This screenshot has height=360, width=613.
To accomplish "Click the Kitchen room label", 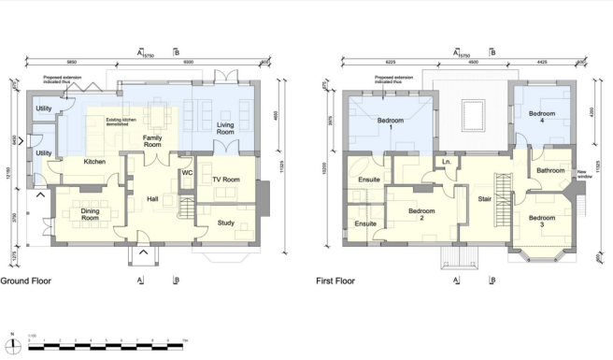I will click(x=94, y=162).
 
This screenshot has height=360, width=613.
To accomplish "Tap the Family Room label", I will click(x=159, y=142).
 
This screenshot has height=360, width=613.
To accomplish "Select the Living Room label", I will click(x=226, y=129).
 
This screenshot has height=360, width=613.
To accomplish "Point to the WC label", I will click(x=187, y=173).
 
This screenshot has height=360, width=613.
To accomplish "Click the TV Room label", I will click(x=227, y=179).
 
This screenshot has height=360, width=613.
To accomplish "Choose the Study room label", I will click(x=226, y=222).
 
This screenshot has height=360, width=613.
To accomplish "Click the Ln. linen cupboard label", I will click(x=447, y=163).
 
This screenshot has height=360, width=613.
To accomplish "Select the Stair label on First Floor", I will click(x=485, y=198).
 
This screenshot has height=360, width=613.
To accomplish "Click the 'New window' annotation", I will click(x=587, y=175).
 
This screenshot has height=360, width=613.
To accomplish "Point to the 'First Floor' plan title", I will click(x=337, y=280).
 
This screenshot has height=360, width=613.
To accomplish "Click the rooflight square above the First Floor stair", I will click(x=474, y=116).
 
